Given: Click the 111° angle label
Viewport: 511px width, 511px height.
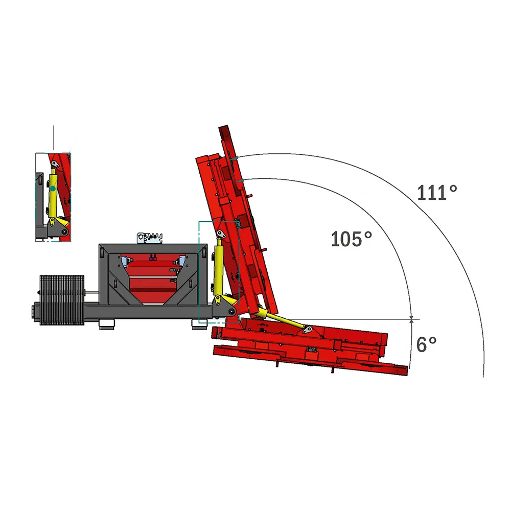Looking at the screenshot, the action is pyautogui.click(x=437, y=193).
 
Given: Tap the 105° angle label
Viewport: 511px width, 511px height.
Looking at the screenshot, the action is pyautogui.click(x=351, y=239).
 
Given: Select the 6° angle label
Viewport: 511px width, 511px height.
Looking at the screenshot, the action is pyautogui.click(x=426, y=344).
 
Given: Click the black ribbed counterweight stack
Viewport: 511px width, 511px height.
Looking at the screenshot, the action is pyautogui.click(x=62, y=300).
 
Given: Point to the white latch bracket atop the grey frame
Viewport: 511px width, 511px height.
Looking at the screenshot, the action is pyautogui.click(x=150, y=238).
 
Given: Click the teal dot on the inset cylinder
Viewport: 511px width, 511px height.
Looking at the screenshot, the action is pyautogui.click(x=53, y=189).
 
